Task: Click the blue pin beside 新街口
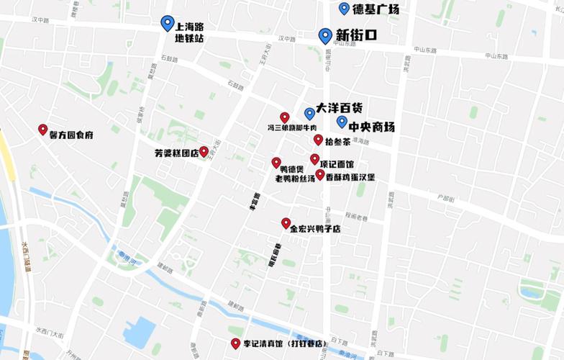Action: click(325, 35)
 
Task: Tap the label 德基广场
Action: click(375, 9)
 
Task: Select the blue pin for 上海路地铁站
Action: click(168, 23)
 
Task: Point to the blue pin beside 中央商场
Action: click(342, 122)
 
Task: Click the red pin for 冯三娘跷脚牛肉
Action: click(285, 117)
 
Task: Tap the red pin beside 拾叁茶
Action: click(318, 139)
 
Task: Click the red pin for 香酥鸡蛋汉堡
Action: click(320, 174)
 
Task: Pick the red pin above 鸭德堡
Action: click(276, 162)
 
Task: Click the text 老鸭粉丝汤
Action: click(294, 178)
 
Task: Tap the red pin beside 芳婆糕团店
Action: click(204, 151)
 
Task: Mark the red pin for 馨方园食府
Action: click(43, 129)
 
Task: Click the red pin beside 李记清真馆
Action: click(235, 343)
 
